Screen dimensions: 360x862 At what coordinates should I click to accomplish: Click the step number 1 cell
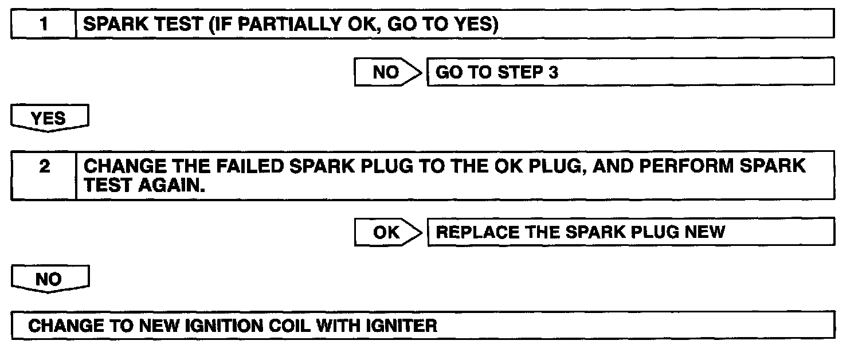point(44,25)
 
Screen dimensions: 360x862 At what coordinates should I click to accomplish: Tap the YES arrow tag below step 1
point(49,119)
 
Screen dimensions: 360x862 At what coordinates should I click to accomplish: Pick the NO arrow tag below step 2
point(49,280)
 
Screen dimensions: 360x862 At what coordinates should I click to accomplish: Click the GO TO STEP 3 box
point(630,73)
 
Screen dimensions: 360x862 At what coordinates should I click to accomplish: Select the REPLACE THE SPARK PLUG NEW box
point(630,232)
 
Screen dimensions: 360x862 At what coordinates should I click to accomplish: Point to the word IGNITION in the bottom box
point(221,326)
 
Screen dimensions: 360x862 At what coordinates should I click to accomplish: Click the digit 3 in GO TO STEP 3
point(553,73)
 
